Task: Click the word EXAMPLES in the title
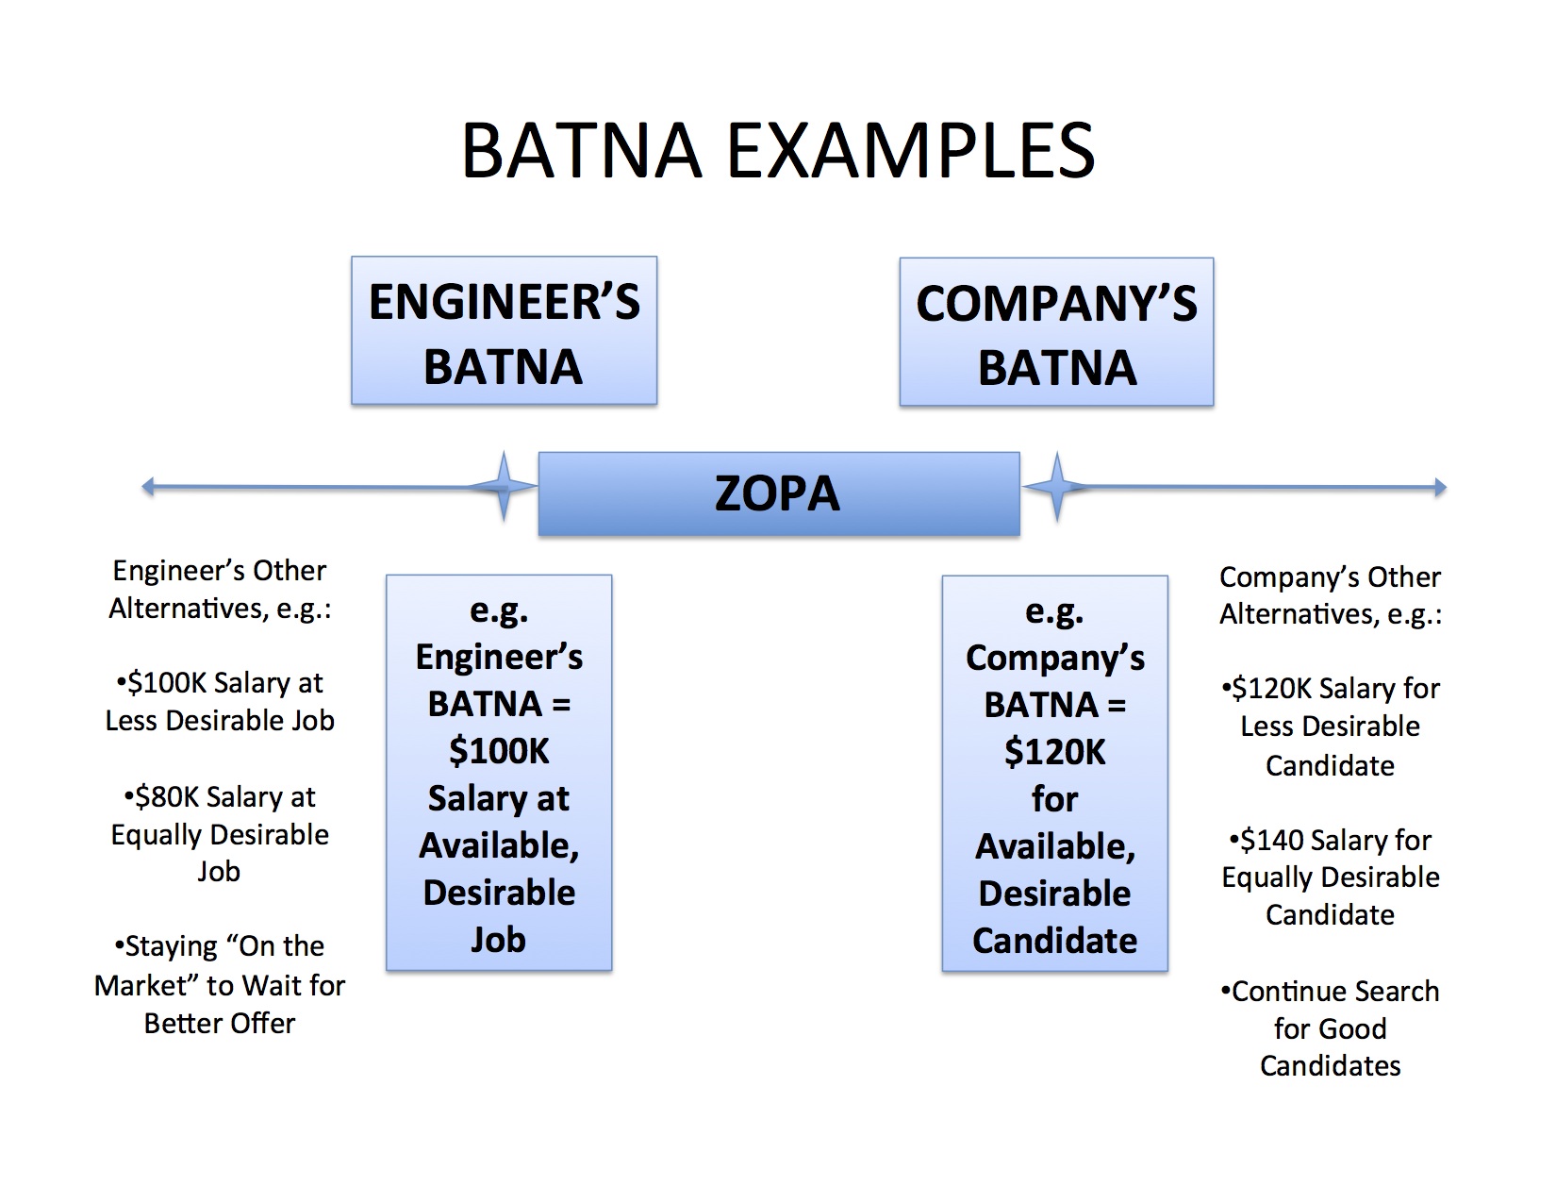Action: coord(911,150)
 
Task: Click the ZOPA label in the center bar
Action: coord(777,493)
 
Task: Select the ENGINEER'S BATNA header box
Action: coord(505,330)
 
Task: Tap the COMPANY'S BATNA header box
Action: coord(1056,332)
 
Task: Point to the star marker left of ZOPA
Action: coord(504,487)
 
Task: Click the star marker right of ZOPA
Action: coord(1056,487)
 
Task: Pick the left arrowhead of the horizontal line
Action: coord(147,487)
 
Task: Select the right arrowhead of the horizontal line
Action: coord(1440,487)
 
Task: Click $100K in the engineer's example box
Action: coord(498,751)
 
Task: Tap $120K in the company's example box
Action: coord(1054,752)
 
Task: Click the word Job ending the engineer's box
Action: coord(498,940)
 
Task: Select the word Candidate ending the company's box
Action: coord(1054,941)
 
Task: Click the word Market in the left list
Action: coord(147,986)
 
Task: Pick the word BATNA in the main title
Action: coord(582,150)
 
